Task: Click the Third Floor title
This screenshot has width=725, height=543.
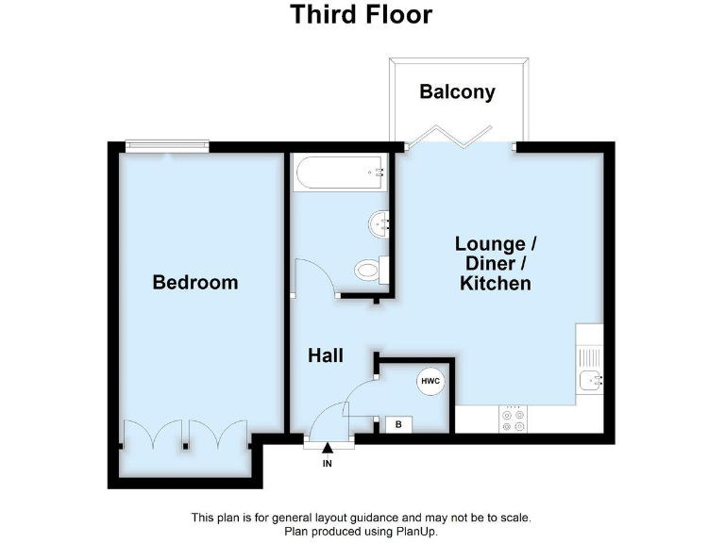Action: click(x=362, y=15)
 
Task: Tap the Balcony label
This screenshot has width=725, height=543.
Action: click(x=458, y=91)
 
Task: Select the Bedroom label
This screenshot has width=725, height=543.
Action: click(x=195, y=282)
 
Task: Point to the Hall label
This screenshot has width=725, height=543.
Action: click(x=326, y=356)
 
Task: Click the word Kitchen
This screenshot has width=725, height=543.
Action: click(x=495, y=283)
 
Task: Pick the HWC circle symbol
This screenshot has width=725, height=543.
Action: click(x=430, y=382)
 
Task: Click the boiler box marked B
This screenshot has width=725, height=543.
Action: click(x=398, y=425)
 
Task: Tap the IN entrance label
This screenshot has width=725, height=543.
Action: click(x=328, y=464)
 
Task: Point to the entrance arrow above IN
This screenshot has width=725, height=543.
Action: click(x=328, y=450)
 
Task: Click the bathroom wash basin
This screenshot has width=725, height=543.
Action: click(x=380, y=224)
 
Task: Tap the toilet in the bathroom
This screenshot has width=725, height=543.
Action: click(x=369, y=271)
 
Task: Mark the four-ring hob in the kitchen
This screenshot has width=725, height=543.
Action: click(x=514, y=420)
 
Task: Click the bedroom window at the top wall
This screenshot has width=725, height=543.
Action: click(x=167, y=146)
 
